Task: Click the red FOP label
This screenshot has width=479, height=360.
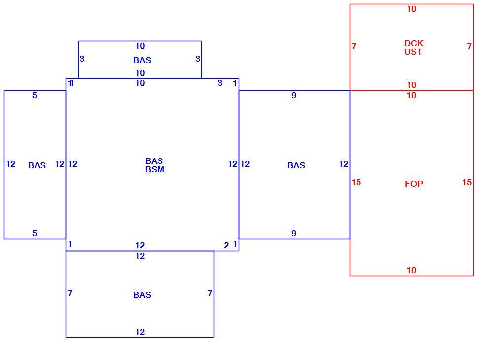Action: click(414, 184)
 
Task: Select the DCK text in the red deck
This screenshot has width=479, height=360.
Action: click(414, 43)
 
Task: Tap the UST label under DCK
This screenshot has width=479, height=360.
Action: click(413, 52)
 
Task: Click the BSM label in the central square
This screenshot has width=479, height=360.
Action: click(155, 169)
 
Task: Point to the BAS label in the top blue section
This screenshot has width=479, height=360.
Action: click(142, 60)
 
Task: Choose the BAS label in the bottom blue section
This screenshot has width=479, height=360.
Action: click(142, 295)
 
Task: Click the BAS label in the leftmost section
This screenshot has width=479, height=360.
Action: click(37, 165)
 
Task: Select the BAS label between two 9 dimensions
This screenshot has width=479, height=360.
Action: click(296, 165)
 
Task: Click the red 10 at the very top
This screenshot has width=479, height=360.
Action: click(411, 9)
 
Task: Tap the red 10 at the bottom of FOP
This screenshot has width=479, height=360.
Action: click(411, 270)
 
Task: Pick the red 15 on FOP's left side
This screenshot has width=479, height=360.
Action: click(356, 182)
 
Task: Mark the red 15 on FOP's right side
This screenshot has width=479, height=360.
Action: click(467, 182)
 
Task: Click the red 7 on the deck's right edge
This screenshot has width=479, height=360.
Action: click(469, 46)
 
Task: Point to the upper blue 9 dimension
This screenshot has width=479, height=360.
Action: click(294, 95)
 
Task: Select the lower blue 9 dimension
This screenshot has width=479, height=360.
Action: click(294, 233)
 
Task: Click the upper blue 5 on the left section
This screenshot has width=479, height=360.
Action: click(35, 95)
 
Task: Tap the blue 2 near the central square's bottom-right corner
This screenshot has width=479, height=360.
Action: click(226, 245)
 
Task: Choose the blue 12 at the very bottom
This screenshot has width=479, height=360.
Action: click(140, 332)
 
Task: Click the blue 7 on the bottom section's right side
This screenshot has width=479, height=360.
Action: click(210, 293)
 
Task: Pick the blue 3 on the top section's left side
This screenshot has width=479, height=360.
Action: click(82, 59)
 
